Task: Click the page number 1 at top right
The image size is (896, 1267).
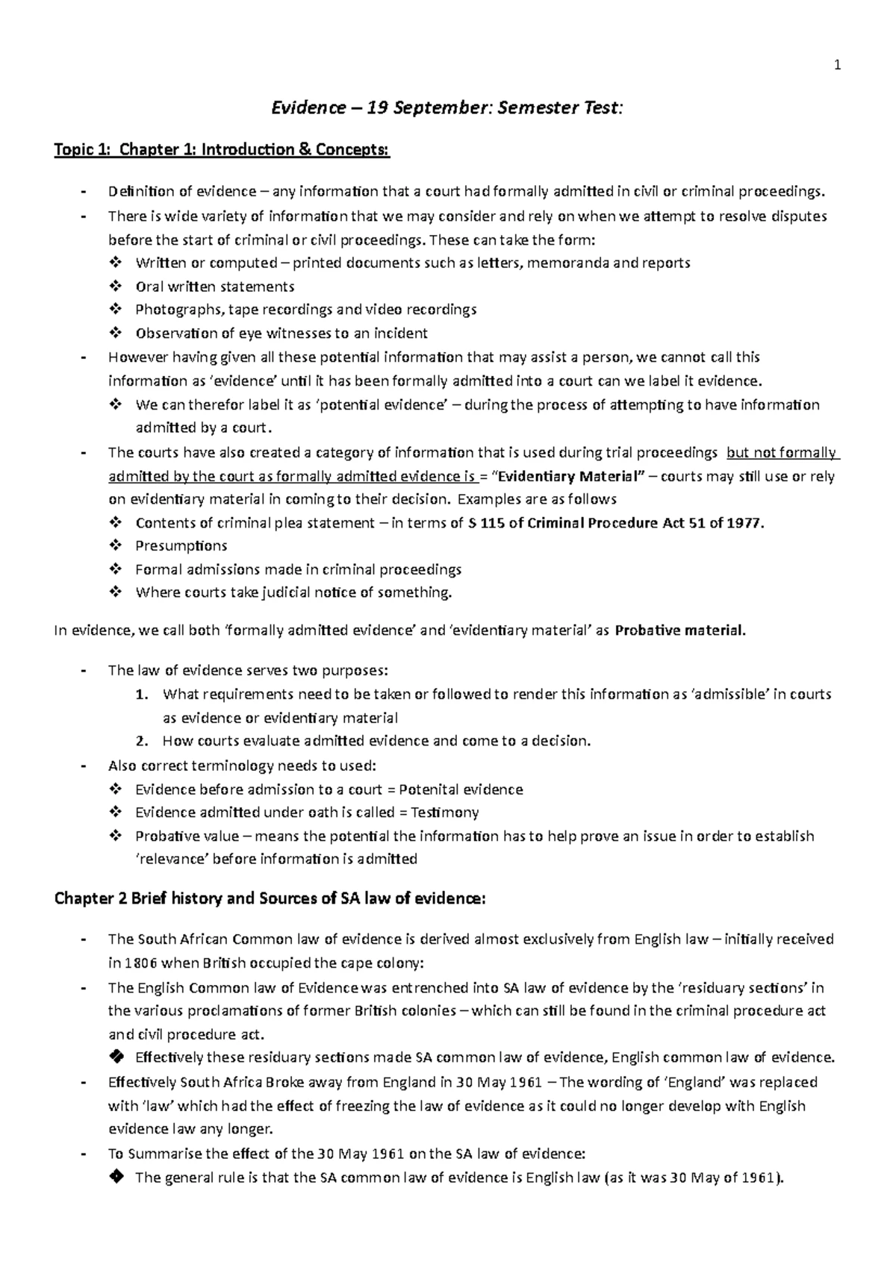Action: (x=837, y=65)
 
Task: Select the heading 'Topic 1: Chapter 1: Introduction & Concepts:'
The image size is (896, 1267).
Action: (x=222, y=150)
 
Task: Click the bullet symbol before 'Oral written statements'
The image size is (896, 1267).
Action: (x=115, y=287)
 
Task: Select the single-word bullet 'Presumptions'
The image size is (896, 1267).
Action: (x=181, y=546)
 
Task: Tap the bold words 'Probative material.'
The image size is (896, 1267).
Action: (x=680, y=631)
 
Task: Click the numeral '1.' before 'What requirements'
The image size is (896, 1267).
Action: (x=142, y=695)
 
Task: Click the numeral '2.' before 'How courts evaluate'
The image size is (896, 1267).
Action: (x=142, y=742)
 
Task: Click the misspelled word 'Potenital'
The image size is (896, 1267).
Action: (x=429, y=789)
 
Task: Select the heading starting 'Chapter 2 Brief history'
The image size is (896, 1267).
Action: (x=270, y=899)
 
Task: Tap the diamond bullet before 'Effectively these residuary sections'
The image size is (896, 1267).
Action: (x=115, y=1057)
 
